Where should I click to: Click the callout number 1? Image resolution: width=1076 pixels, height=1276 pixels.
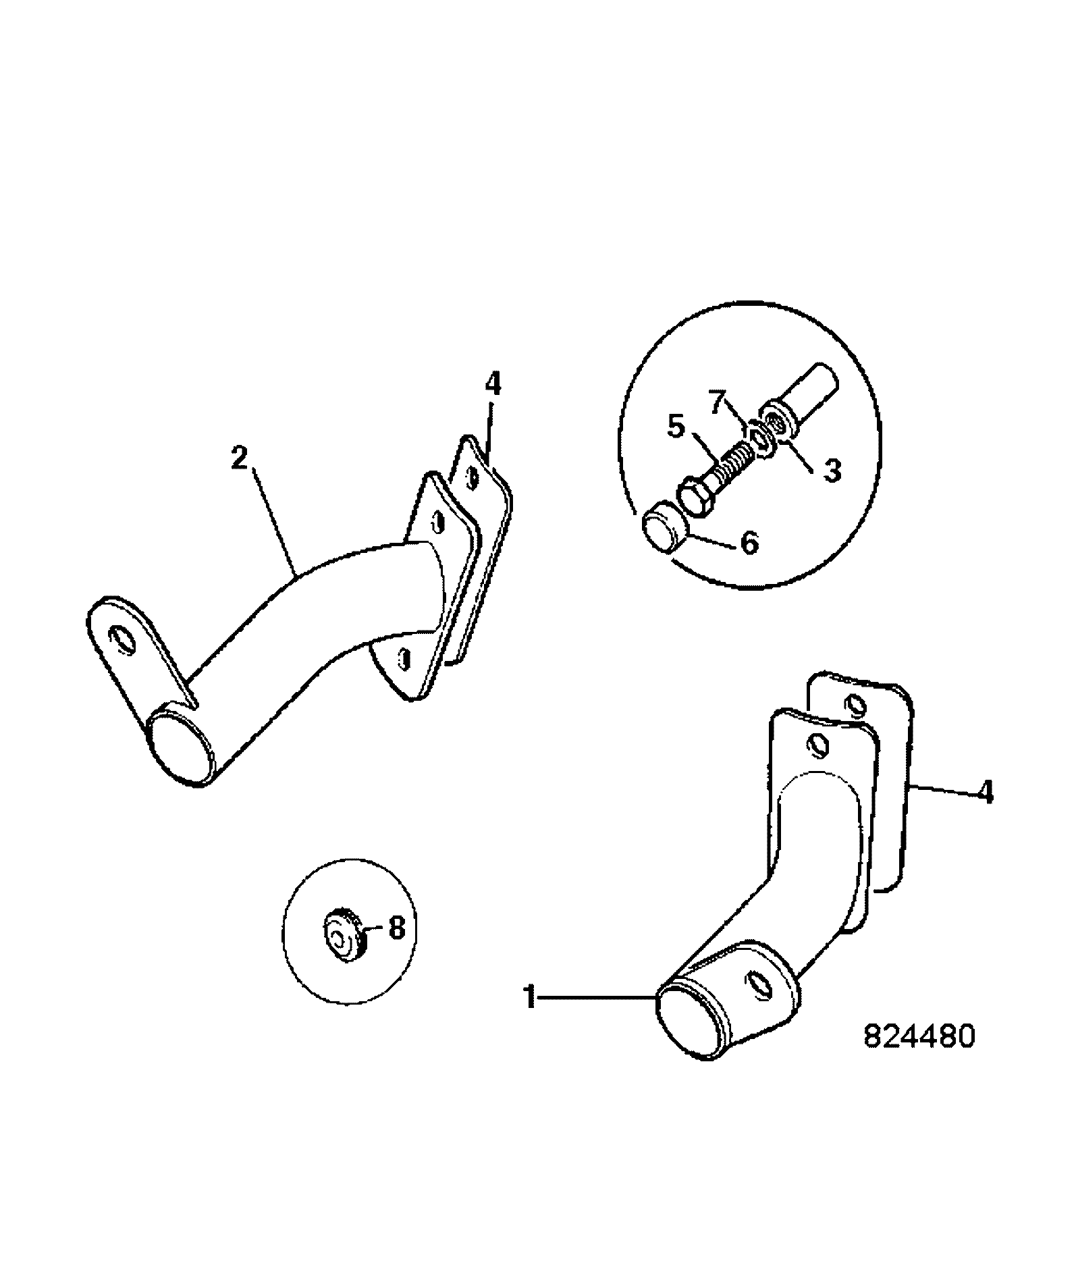531,996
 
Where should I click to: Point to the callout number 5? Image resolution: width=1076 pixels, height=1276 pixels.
677,426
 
